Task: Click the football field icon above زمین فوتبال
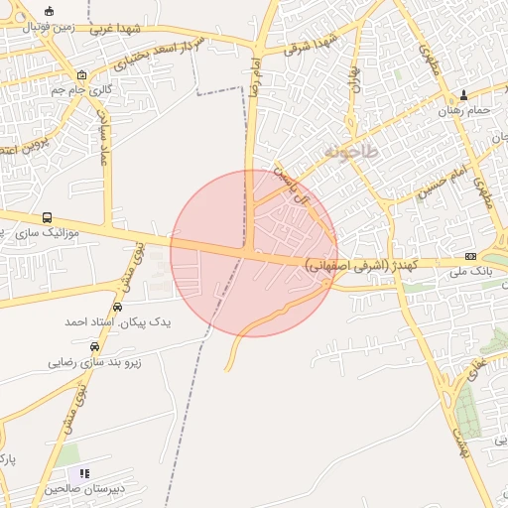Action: coord(50,11)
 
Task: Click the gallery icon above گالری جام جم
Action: coord(81,75)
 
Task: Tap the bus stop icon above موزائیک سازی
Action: coord(48,217)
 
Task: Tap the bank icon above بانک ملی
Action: coord(470,257)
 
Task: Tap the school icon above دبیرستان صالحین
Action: coord(84,474)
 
